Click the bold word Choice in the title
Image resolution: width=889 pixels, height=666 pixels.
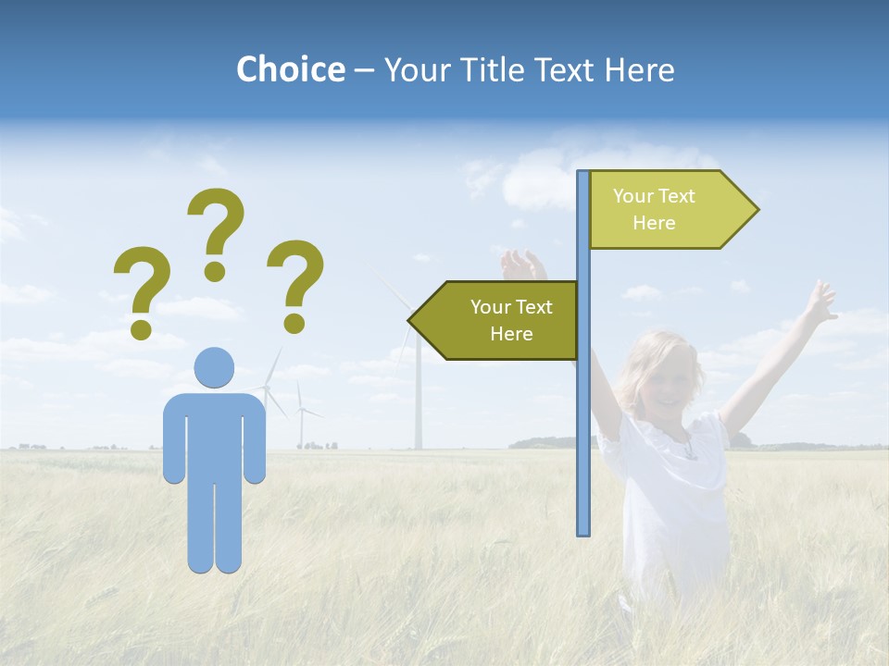(290, 69)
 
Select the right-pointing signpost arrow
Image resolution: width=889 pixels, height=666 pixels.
(671, 210)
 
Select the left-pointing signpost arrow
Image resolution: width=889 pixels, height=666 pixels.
(495, 320)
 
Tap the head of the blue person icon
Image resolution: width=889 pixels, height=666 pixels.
(214, 367)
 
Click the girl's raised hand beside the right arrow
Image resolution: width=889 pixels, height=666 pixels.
(819, 302)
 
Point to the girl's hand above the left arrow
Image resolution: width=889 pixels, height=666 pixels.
(522, 265)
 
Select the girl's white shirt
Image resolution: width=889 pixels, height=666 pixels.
(671, 490)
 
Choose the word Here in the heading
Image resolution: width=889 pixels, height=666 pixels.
(639, 69)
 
